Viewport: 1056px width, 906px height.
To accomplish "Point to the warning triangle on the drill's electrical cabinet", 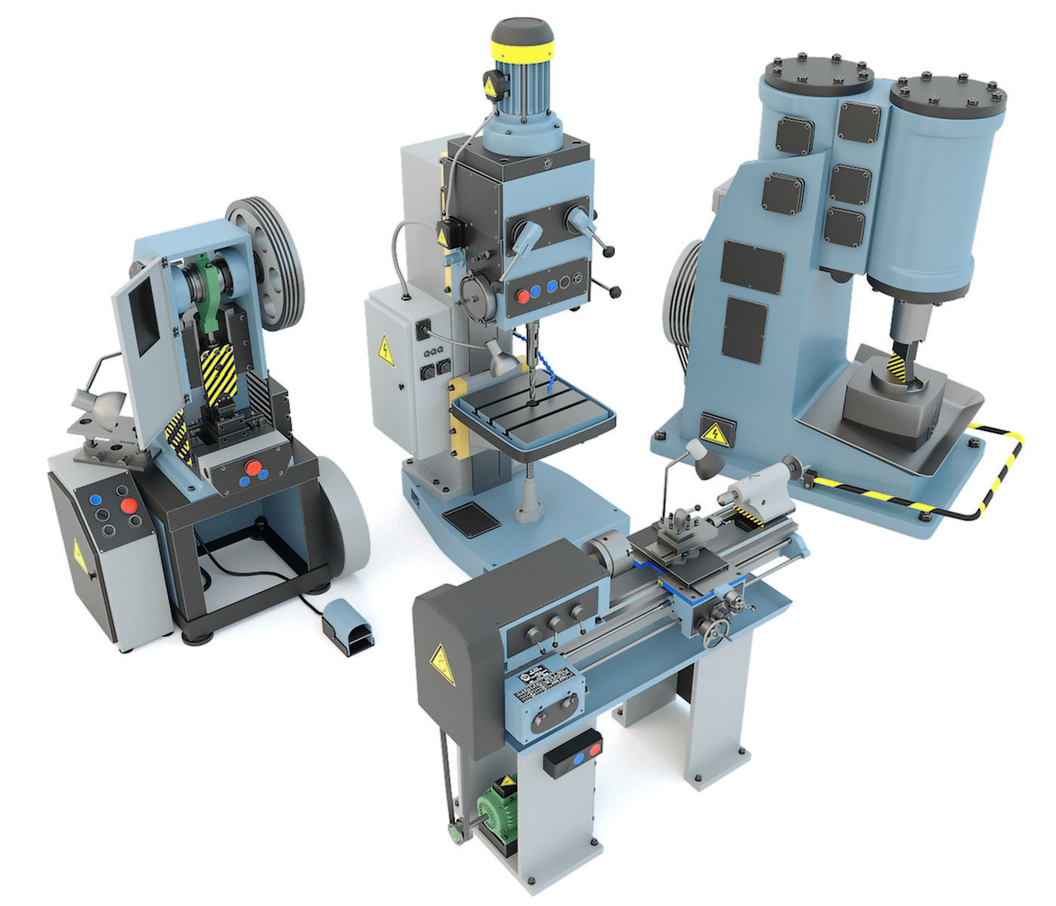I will (x=385, y=348).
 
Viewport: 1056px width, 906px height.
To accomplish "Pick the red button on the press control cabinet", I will (x=129, y=506).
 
